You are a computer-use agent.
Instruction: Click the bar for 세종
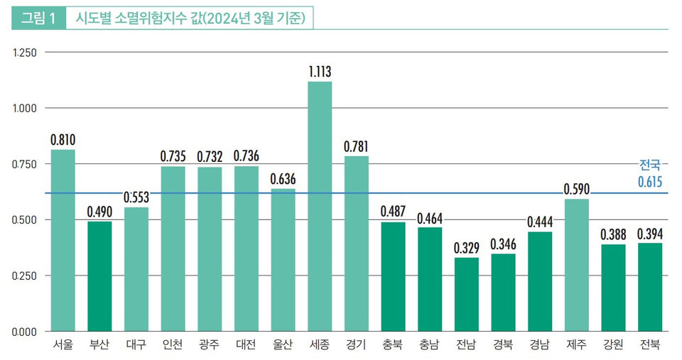point(320,206)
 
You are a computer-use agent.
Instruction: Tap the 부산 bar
point(99,276)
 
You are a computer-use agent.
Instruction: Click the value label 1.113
point(320,72)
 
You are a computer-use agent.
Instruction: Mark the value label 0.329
point(466,248)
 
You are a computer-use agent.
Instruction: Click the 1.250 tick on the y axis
point(24,53)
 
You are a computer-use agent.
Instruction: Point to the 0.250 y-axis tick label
point(24,276)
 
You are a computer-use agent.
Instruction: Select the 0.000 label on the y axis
point(24,331)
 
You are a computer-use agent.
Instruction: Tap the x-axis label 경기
point(356,345)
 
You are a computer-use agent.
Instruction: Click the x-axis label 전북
point(649,345)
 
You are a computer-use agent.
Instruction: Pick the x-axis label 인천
point(173,345)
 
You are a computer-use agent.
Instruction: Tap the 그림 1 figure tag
point(38,18)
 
